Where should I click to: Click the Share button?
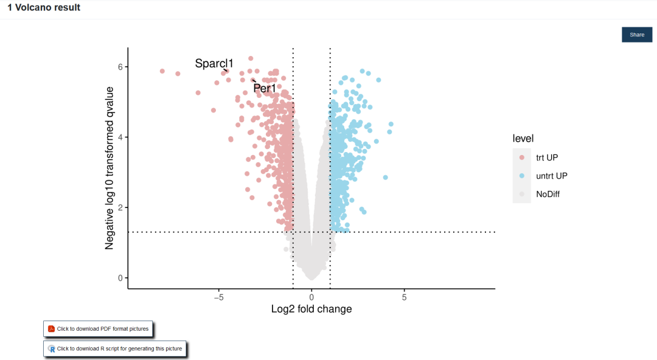click(636, 35)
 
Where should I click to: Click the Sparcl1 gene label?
click(214, 63)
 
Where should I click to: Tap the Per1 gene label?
click(265, 89)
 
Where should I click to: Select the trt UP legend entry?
click(546, 157)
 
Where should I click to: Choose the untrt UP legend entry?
click(551, 176)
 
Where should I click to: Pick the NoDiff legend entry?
click(547, 194)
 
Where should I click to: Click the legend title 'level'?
click(523, 139)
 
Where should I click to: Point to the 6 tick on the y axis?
click(121, 67)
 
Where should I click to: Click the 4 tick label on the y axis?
click(121, 137)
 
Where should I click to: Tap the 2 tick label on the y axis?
click(121, 207)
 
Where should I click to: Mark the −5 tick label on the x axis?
click(219, 297)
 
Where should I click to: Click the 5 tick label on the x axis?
click(404, 297)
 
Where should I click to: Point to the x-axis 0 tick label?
click(311, 297)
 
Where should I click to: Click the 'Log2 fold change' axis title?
click(311, 309)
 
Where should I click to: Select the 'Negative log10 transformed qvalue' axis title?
click(109, 168)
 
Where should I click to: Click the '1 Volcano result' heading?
click(44, 8)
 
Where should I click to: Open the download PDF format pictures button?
click(98, 329)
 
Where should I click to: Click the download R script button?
click(115, 348)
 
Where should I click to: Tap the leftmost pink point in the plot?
click(162, 71)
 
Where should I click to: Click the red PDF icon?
click(52, 329)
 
